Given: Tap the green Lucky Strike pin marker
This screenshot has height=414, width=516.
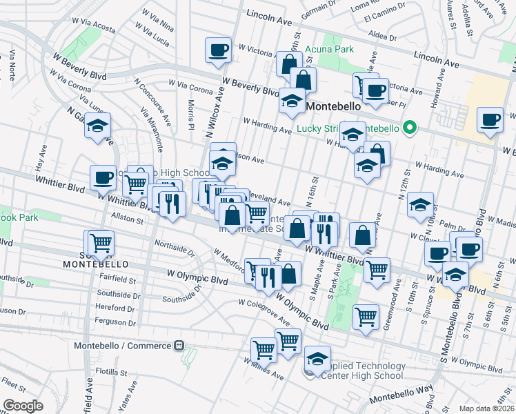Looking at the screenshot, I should click(409, 128).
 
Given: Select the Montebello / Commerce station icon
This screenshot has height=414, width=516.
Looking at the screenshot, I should click(179, 344).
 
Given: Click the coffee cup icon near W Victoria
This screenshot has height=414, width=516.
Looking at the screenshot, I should click(219, 50).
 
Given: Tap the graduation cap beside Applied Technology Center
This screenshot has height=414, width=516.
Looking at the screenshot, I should click(317, 359).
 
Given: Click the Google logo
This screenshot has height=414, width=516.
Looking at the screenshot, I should click(23, 405).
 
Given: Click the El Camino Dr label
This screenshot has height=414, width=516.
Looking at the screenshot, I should click(381, 11).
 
